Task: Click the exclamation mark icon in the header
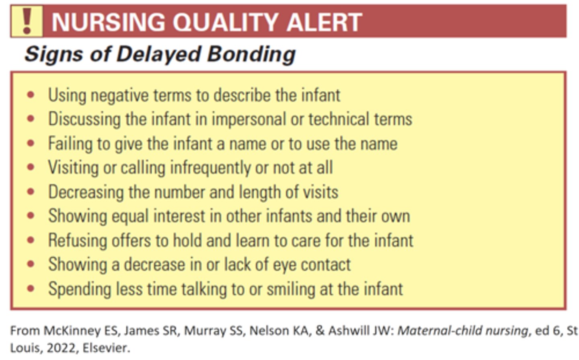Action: point(27,22)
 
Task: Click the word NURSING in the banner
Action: point(108,22)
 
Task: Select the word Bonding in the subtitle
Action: point(251,54)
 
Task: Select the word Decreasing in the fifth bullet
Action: point(86,192)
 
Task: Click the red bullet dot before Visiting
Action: point(31,167)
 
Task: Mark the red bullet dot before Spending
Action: point(31,288)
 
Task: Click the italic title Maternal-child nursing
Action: point(462,331)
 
